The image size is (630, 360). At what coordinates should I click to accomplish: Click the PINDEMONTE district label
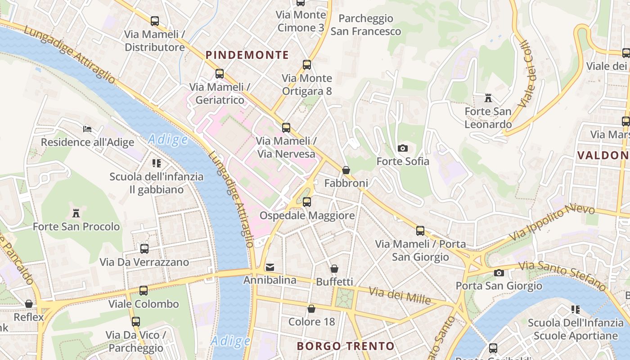[x=247, y=55]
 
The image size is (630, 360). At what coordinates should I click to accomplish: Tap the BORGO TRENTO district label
[x=346, y=346]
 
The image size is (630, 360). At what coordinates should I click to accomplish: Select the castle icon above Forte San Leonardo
[x=488, y=98]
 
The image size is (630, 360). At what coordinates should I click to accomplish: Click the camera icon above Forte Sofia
[x=403, y=148]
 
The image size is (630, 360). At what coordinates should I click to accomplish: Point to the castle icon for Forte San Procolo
[x=76, y=213]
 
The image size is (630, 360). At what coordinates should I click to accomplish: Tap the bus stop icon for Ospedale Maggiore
[x=307, y=202]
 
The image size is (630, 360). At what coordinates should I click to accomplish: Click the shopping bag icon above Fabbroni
[x=346, y=170]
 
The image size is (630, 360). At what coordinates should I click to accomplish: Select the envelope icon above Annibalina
[x=270, y=267]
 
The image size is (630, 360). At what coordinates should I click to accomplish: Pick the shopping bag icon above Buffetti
[x=334, y=269]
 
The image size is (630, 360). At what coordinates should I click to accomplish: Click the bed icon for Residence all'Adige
[x=87, y=129]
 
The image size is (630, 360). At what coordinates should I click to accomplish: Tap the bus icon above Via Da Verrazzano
[x=144, y=248]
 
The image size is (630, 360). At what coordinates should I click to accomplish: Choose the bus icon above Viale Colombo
[x=144, y=291]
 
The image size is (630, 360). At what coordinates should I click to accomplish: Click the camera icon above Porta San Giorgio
[x=499, y=273]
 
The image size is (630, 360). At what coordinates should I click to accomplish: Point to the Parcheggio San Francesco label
[x=365, y=25]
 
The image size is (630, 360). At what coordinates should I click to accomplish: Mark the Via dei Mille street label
[x=400, y=296]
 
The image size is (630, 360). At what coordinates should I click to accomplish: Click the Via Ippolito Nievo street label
[x=552, y=223]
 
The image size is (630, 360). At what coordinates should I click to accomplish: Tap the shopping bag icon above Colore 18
[x=311, y=309]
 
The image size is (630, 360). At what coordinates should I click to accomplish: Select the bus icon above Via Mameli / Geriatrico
[x=220, y=74]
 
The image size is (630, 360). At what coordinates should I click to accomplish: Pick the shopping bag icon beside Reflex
[x=29, y=304]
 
